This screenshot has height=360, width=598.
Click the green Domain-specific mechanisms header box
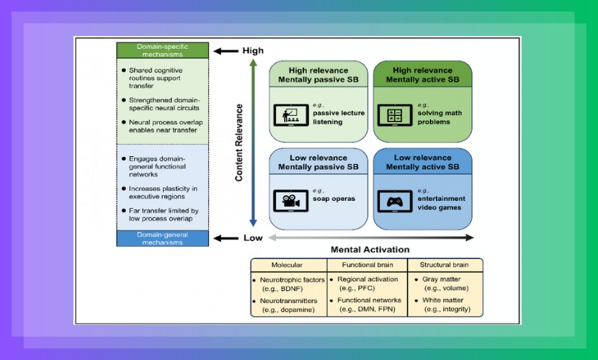point(162,50)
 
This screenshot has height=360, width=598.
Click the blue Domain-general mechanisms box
point(162,238)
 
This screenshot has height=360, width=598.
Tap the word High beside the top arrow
point(253,50)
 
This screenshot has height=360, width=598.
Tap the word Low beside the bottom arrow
point(252,238)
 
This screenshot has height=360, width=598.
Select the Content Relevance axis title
point(239,142)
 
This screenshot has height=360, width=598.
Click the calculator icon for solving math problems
point(394,114)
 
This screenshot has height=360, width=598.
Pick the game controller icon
point(395,202)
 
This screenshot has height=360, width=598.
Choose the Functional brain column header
point(367,264)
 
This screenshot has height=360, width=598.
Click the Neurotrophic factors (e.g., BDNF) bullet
point(288,284)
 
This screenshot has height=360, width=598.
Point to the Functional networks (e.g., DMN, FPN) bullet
point(367,305)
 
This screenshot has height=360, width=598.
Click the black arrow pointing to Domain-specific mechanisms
point(226,50)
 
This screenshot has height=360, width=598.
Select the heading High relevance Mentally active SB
point(421,75)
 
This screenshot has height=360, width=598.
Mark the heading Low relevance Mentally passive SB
point(318,163)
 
